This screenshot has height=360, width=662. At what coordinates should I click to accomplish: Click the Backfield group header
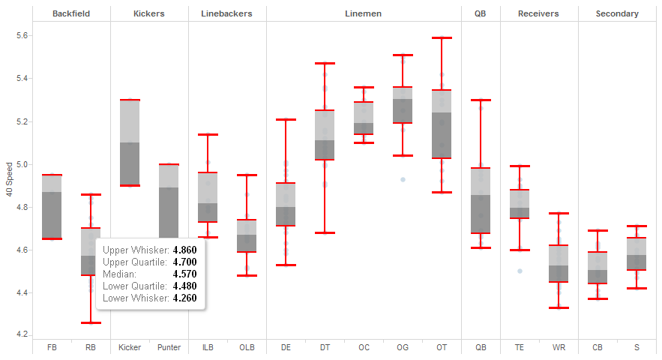tap(71, 13)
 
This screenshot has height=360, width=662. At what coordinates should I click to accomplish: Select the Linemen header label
tap(364, 13)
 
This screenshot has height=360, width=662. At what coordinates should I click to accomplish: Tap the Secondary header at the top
tap(617, 13)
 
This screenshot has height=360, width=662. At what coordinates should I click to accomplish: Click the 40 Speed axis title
tap(8, 180)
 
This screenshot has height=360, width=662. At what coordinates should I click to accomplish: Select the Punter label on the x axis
tap(169, 348)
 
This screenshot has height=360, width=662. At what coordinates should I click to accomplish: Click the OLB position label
tap(247, 348)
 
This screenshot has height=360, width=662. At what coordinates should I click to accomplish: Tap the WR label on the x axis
tap(559, 348)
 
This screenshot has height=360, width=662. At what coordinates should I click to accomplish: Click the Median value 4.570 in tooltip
tap(184, 274)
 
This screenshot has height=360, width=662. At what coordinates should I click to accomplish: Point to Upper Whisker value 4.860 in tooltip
tap(184, 250)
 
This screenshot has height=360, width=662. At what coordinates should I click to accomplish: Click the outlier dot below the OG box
tap(403, 179)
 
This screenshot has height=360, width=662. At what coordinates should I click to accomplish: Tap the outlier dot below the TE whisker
tap(520, 271)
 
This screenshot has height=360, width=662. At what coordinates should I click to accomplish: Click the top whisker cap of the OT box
tap(442, 37)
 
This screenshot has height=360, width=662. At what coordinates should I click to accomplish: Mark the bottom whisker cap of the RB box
tap(91, 322)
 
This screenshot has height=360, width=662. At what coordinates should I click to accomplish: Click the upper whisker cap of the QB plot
tap(481, 100)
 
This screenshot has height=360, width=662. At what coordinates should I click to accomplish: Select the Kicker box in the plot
tap(130, 142)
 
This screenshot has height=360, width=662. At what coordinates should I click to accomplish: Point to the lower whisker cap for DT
tap(325, 232)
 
